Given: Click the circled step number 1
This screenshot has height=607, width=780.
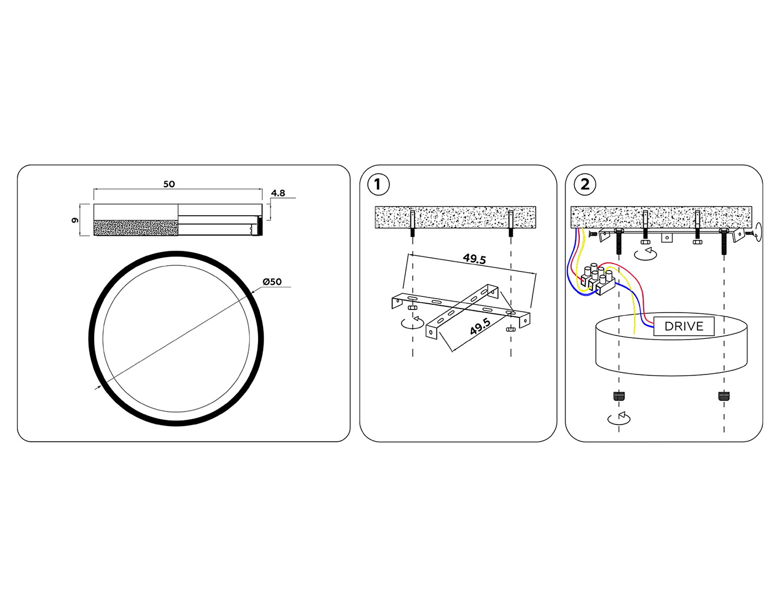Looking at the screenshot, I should click(378, 185).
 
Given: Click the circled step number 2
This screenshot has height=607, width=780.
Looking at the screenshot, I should click(585, 185).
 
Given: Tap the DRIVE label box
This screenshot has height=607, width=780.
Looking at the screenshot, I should click(684, 326).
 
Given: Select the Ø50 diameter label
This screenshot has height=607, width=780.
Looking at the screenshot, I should click(272, 282).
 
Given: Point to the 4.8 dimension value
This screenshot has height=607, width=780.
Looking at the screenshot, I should click(278, 193).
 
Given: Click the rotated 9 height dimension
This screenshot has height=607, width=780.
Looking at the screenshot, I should click(75, 220).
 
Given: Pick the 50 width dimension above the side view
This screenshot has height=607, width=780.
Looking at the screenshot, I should click(169, 184).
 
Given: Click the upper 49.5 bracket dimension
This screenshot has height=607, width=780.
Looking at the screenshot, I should click(474, 259).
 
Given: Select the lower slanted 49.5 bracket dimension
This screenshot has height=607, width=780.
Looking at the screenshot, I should click(480, 327).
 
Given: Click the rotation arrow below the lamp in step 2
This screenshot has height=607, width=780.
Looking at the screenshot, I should click(619, 418).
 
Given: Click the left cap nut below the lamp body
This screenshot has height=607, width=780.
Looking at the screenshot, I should click(618, 396).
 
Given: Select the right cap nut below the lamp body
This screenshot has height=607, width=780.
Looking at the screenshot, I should click(723, 396).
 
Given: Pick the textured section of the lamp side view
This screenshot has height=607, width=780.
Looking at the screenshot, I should click(136, 228).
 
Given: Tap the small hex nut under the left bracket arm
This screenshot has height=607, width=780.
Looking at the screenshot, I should click(412, 307).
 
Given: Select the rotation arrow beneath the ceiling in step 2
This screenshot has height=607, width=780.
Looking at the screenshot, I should click(645, 254).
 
